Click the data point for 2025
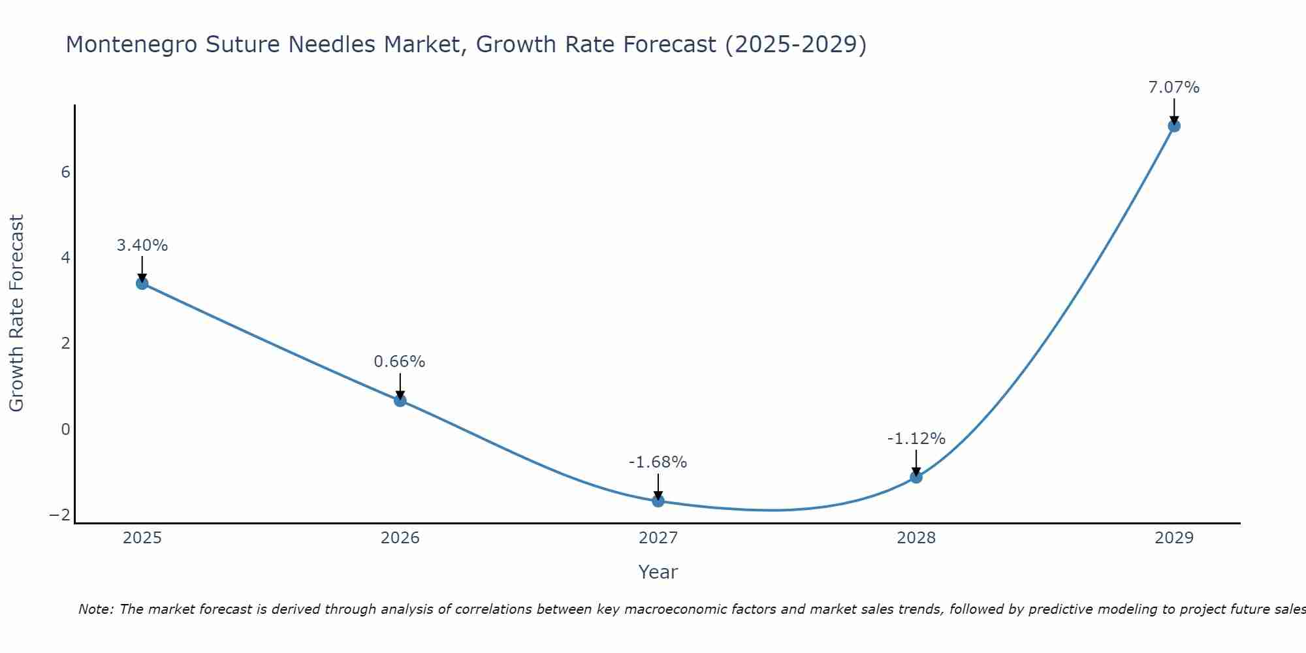(x=142, y=283)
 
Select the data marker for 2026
(x=400, y=400)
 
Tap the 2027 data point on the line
(x=658, y=501)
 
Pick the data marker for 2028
(x=916, y=477)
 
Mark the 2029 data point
(x=1174, y=126)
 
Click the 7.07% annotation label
(x=1174, y=88)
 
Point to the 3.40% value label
(x=142, y=246)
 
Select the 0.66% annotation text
(x=400, y=362)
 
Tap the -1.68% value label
(x=658, y=462)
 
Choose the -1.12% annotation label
(x=916, y=439)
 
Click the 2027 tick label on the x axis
(x=658, y=538)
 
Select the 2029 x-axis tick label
(x=1174, y=538)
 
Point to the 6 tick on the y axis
(x=65, y=172)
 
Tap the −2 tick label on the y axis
(x=59, y=515)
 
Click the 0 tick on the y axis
(x=65, y=430)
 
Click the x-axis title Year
(x=658, y=572)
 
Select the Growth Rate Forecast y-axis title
(x=17, y=313)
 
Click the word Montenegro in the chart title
(x=131, y=44)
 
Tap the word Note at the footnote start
(x=95, y=609)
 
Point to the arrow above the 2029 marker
(x=1174, y=111)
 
